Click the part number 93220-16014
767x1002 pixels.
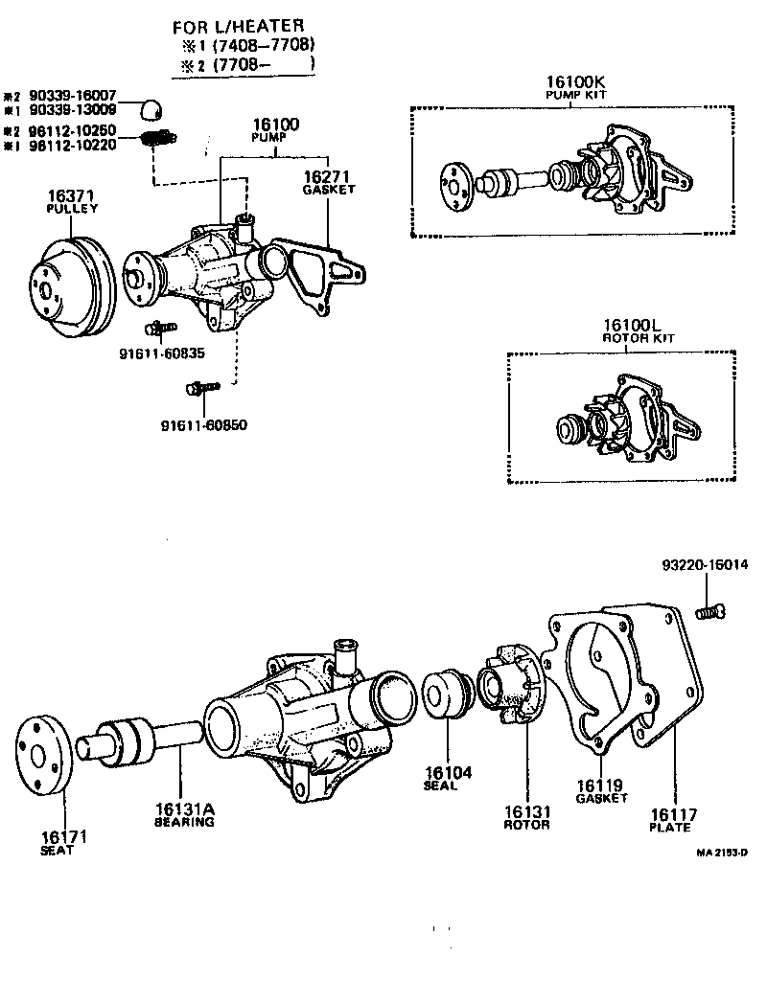tap(707, 565)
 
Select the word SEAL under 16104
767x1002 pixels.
tap(440, 786)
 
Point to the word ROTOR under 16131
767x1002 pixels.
tap(526, 825)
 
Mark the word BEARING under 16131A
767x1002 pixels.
tap(184, 822)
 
